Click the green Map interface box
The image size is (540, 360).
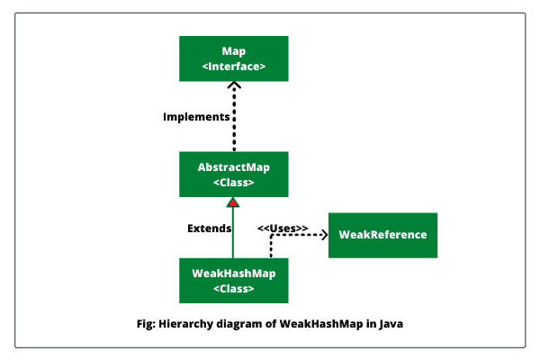(x=233, y=58)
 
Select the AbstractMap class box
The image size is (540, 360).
(x=233, y=174)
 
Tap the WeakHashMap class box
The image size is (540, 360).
(x=233, y=280)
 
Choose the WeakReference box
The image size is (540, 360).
(x=382, y=235)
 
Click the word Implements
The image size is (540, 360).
(x=195, y=117)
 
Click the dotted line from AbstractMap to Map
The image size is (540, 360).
(x=234, y=121)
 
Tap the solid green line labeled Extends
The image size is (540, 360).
(x=233, y=234)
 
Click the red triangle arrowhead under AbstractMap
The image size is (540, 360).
(x=233, y=203)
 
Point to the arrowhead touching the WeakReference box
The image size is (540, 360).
(x=323, y=236)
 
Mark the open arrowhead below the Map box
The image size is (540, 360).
(x=234, y=85)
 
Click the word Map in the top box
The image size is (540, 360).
(x=233, y=50)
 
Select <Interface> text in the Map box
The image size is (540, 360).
(x=233, y=67)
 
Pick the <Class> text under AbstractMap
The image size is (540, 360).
(x=233, y=182)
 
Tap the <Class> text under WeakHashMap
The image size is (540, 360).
(x=233, y=288)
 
